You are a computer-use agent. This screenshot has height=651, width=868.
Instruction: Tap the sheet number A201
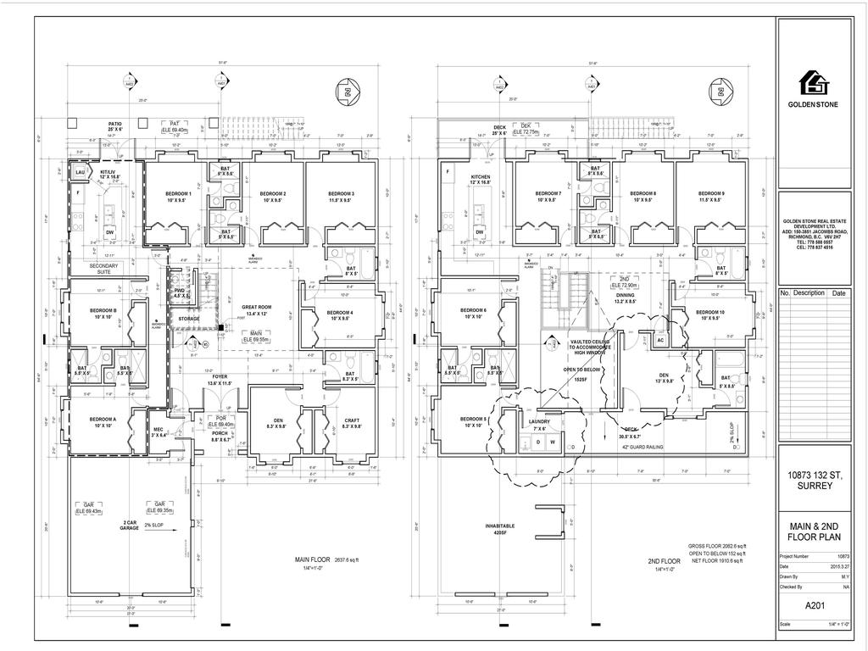(x=815, y=606)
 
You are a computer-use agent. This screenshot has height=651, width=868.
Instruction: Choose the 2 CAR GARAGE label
(x=130, y=525)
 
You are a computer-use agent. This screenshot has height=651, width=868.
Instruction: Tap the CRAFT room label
(x=351, y=423)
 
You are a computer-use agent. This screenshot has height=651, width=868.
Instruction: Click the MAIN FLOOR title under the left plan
(x=314, y=560)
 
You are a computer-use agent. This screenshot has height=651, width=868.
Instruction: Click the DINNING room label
(x=625, y=298)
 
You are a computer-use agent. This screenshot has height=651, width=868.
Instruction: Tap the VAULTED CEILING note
(x=582, y=343)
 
